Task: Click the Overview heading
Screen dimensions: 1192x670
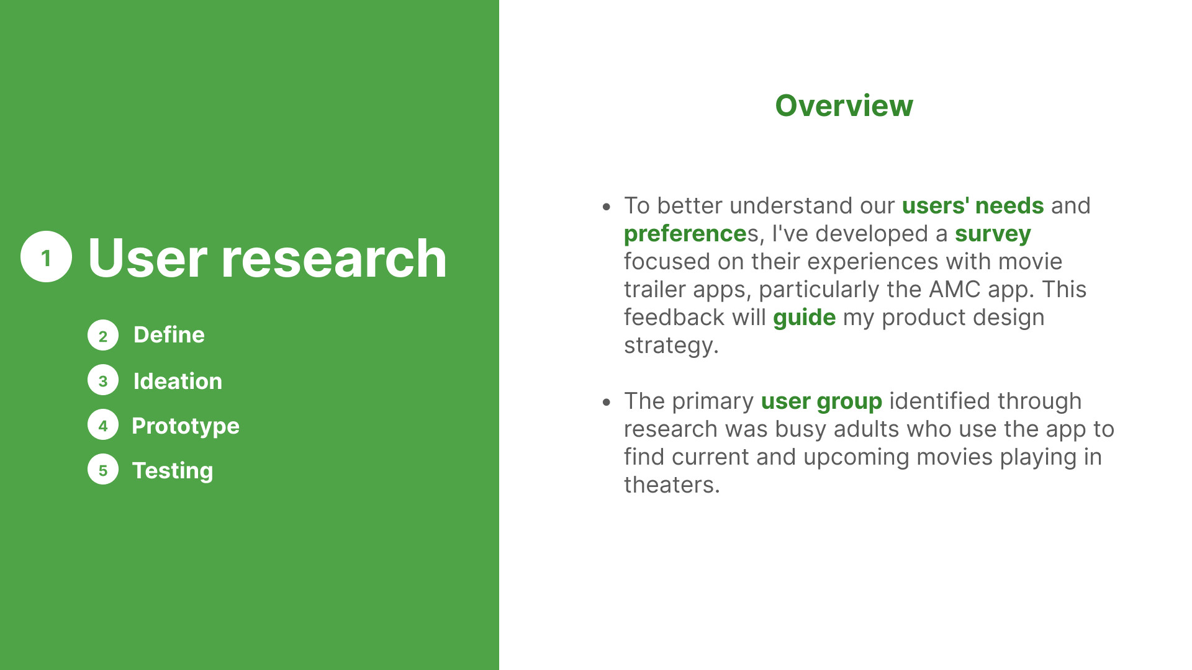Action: tap(844, 105)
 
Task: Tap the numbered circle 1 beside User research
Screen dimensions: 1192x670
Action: tap(46, 257)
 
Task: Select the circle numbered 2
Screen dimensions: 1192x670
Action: tap(103, 336)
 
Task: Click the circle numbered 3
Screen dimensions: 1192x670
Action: tap(103, 380)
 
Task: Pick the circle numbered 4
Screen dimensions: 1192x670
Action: tap(103, 425)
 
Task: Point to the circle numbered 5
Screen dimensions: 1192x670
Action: tap(103, 470)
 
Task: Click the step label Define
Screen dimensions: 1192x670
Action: tap(169, 334)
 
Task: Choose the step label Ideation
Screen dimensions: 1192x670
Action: tap(178, 381)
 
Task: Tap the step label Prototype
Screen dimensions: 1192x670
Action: tap(186, 426)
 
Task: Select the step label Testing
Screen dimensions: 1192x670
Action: tap(173, 471)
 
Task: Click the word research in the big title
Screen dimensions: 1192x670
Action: tap(334, 258)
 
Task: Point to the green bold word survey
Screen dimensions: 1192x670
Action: tap(993, 234)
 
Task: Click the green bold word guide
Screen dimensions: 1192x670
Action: tap(804, 318)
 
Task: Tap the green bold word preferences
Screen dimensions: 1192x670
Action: tap(685, 234)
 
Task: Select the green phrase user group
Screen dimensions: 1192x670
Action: tap(821, 402)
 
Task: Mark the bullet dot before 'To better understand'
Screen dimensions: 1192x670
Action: tap(607, 207)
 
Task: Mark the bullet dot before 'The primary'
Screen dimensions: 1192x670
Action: tap(607, 402)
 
